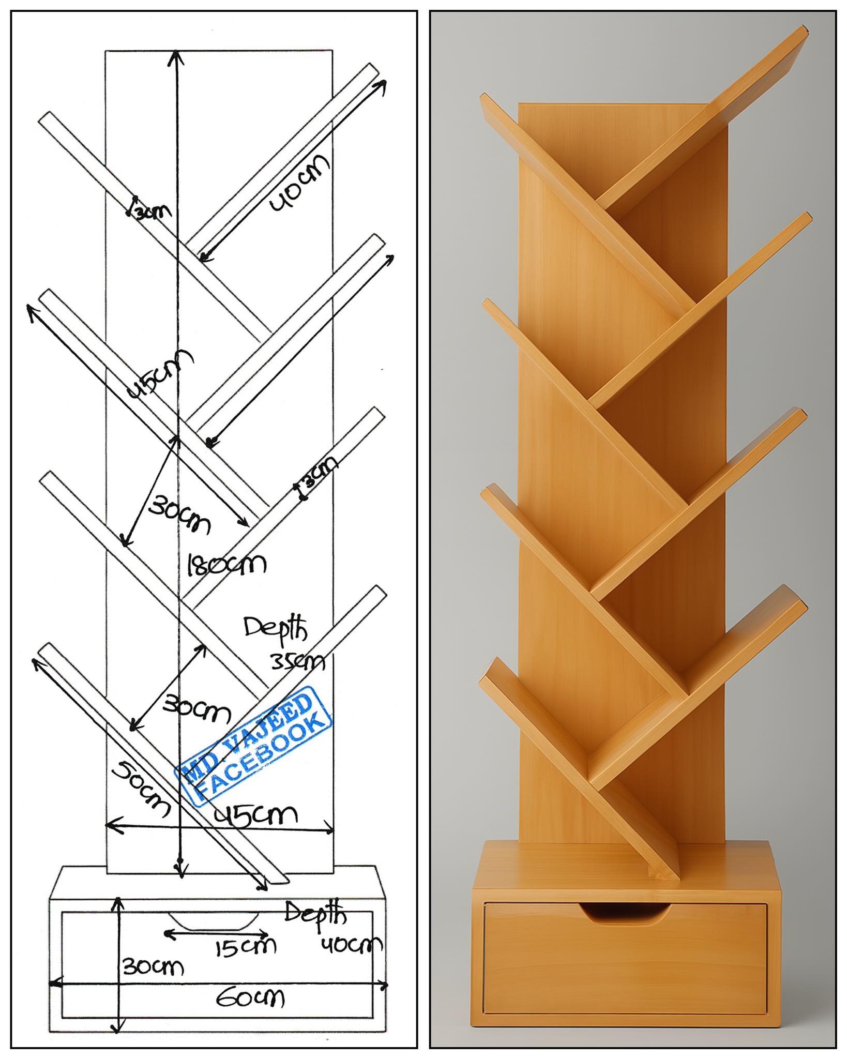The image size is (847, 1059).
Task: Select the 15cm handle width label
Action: [246, 947]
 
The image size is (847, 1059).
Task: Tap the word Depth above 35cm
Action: [276, 630]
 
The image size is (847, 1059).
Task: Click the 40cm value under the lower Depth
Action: [352, 945]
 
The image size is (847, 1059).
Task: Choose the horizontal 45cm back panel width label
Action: [256, 816]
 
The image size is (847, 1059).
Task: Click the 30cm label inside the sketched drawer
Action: [153, 966]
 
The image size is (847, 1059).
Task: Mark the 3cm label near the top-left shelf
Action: [150, 208]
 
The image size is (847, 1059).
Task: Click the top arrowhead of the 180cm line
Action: [177, 55]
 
